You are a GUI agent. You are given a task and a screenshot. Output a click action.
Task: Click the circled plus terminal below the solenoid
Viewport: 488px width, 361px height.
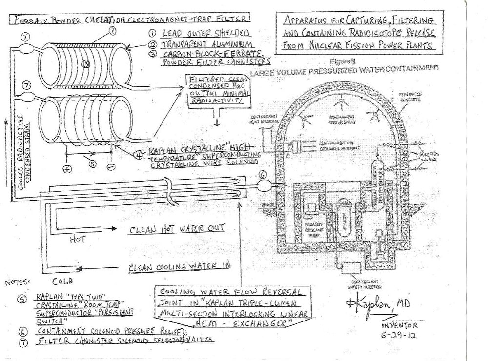click(66, 169)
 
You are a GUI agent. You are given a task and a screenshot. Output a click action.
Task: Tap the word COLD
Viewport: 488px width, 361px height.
click(62, 281)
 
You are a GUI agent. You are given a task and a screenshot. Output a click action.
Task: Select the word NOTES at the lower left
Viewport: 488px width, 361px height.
click(18, 282)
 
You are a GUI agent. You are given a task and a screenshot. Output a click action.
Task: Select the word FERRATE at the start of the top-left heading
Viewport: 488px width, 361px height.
click(28, 20)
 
